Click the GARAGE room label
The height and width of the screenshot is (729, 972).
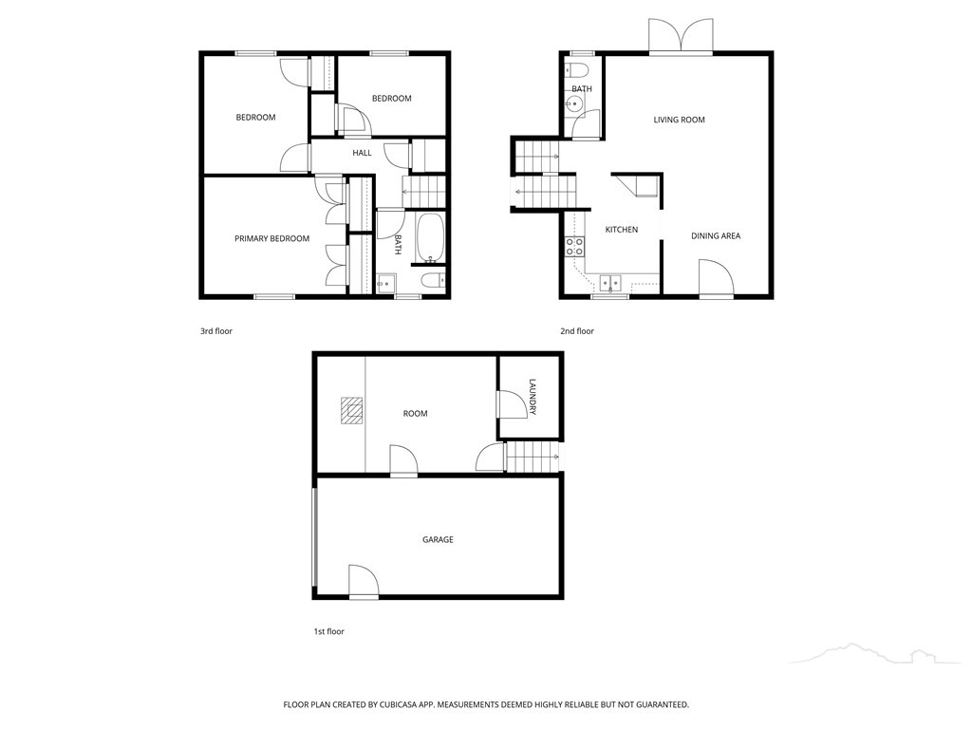point(438,539)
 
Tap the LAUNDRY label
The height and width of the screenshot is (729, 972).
point(533,397)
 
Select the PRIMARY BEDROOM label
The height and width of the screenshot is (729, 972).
point(271,238)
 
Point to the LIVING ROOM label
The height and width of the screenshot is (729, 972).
point(679,120)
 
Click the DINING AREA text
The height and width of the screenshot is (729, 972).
point(716,235)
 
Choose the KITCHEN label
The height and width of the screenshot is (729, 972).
point(621,230)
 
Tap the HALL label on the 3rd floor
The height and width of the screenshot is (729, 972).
point(362,153)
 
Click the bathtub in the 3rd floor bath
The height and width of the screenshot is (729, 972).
point(430,237)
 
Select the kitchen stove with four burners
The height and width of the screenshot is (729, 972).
point(574,247)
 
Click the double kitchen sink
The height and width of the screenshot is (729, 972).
point(610,283)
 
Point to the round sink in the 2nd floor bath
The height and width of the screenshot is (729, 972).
point(574,105)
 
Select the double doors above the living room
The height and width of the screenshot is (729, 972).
point(681,36)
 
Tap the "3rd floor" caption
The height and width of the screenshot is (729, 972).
point(216,331)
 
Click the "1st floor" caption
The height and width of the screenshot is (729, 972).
point(328,631)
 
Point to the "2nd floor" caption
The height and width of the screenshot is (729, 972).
point(577,331)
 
